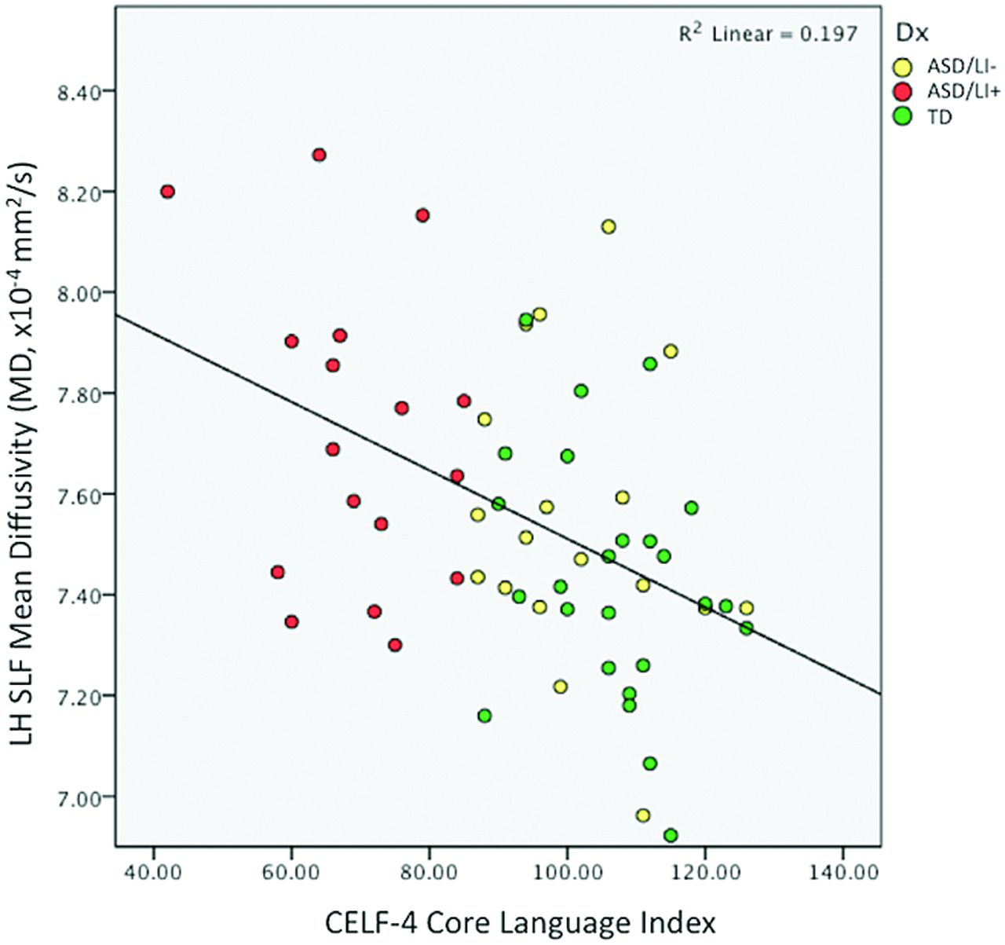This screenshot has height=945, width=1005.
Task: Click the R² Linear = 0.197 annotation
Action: [768, 34]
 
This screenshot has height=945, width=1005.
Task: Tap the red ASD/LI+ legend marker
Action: [905, 92]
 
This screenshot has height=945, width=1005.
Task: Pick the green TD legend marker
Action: [905, 116]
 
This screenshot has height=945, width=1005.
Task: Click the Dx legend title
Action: [912, 33]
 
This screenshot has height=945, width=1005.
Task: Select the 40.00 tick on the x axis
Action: [153, 872]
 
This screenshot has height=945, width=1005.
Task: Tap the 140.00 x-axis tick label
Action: [842, 872]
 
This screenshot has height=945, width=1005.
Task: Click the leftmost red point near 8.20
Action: [167, 192]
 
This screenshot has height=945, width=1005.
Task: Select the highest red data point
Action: [319, 155]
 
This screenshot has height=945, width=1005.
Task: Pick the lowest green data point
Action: [671, 835]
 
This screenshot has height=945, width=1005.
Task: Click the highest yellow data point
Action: [608, 227]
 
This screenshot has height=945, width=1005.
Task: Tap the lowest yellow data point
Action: [643, 815]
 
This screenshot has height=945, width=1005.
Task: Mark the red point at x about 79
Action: [422, 215]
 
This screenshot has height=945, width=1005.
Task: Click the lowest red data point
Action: [395, 645]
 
